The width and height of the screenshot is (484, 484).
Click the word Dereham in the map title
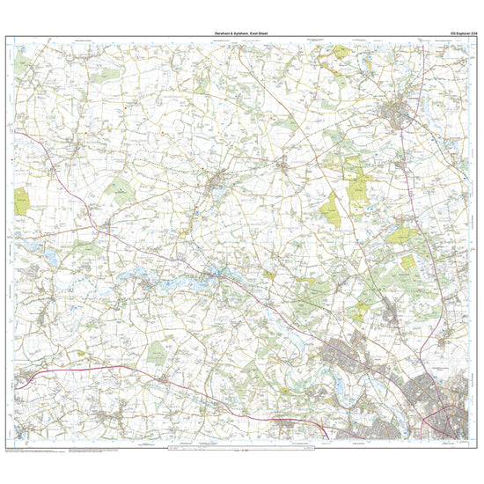pyautogui.click(x=221, y=32)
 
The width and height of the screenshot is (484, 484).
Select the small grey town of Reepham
pyautogui.click(x=216, y=186)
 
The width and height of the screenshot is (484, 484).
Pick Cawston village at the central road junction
pyautogui.click(x=283, y=165)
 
